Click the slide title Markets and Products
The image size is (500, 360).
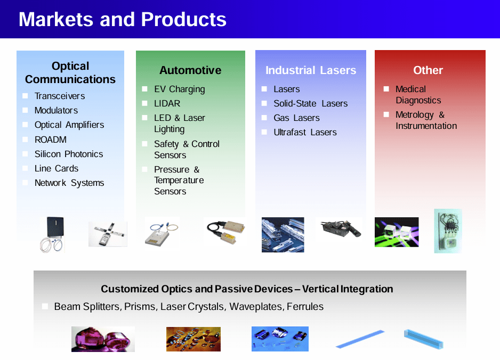point(122,20)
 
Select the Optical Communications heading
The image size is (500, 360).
point(70,73)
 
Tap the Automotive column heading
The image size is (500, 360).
point(190,70)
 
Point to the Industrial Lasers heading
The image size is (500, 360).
point(311,70)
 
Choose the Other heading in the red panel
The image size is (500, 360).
point(428,70)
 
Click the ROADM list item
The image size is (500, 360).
point(51,140)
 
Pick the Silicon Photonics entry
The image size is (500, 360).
point(69,154)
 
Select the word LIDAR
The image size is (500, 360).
point(167,103)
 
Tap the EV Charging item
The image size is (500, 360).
point(179,89)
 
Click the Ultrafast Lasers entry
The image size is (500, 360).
point(305,132)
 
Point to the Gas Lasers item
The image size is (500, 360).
point(296,118)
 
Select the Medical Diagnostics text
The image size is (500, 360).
point(418,95)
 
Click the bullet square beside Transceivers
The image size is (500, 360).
point(25,96)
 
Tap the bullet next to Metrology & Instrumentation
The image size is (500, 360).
point(386,114)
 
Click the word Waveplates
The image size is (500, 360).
point(255,307)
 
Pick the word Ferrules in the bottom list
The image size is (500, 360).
point(305,307)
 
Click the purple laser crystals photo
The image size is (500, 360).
point(103,339)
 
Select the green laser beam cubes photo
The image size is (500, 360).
point(397,232)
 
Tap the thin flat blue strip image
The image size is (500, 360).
point(360,339)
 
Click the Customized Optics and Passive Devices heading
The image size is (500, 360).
point(247,289)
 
